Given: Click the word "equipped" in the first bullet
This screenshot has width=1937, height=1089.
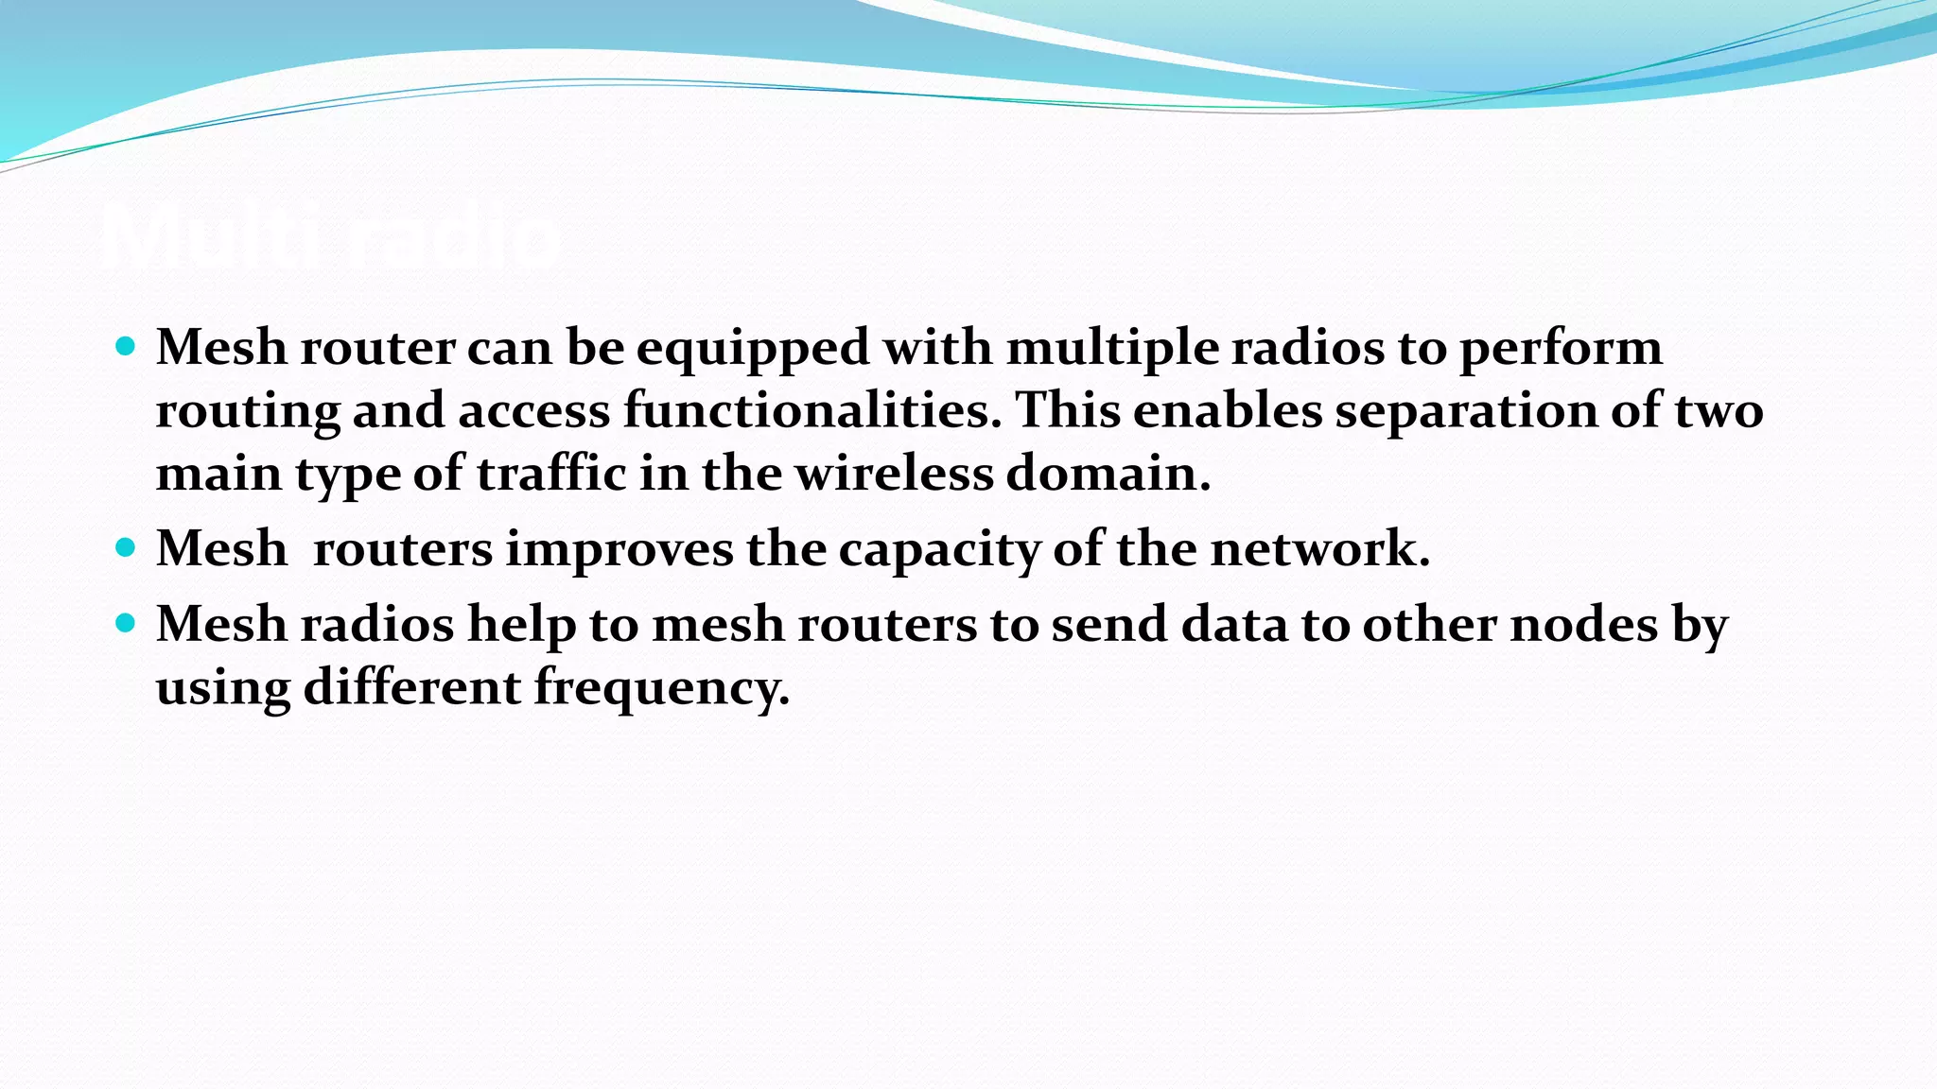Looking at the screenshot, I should tap(752, 348).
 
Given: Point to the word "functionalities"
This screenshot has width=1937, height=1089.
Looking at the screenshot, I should tap(811, 411).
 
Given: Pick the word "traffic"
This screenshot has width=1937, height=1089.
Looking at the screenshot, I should tap(550, 474).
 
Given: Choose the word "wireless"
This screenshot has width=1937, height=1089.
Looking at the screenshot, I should tap(894, 474).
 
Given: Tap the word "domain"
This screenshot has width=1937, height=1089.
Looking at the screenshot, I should tap(1107, 474).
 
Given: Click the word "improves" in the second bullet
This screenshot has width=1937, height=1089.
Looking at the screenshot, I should tap(619, 549).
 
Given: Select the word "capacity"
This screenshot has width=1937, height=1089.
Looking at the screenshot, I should tap(939, 549).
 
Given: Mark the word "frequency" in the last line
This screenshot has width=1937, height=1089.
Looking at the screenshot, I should tap(661, 687).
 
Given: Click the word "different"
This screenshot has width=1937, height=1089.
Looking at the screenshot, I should tap(411, 687).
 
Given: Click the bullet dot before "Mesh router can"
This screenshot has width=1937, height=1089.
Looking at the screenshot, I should tap(125, 346).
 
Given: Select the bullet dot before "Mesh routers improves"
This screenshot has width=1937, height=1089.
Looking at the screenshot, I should tap(125, 547).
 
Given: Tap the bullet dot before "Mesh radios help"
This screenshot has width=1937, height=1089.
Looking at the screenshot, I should tap(125, 623).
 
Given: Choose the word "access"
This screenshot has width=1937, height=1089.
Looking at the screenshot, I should tap(534, 411).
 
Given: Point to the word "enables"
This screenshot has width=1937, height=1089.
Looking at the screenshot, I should tap(1228, 411).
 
